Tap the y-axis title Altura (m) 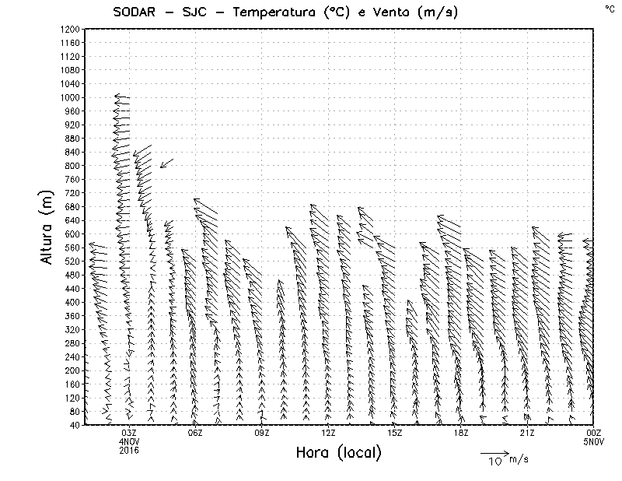(47, 226)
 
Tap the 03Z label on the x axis (129, 432)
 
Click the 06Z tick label (195, 432)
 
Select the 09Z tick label (262, 432)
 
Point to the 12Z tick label (328, 432)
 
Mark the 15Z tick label (394, 432)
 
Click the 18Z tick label (461, 432)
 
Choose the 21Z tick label (527, 432)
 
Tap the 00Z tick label (594, 432)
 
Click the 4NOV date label (129, 441)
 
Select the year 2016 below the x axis (129, 449)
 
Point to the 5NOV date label (594, 441)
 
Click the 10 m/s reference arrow (494, 452)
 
